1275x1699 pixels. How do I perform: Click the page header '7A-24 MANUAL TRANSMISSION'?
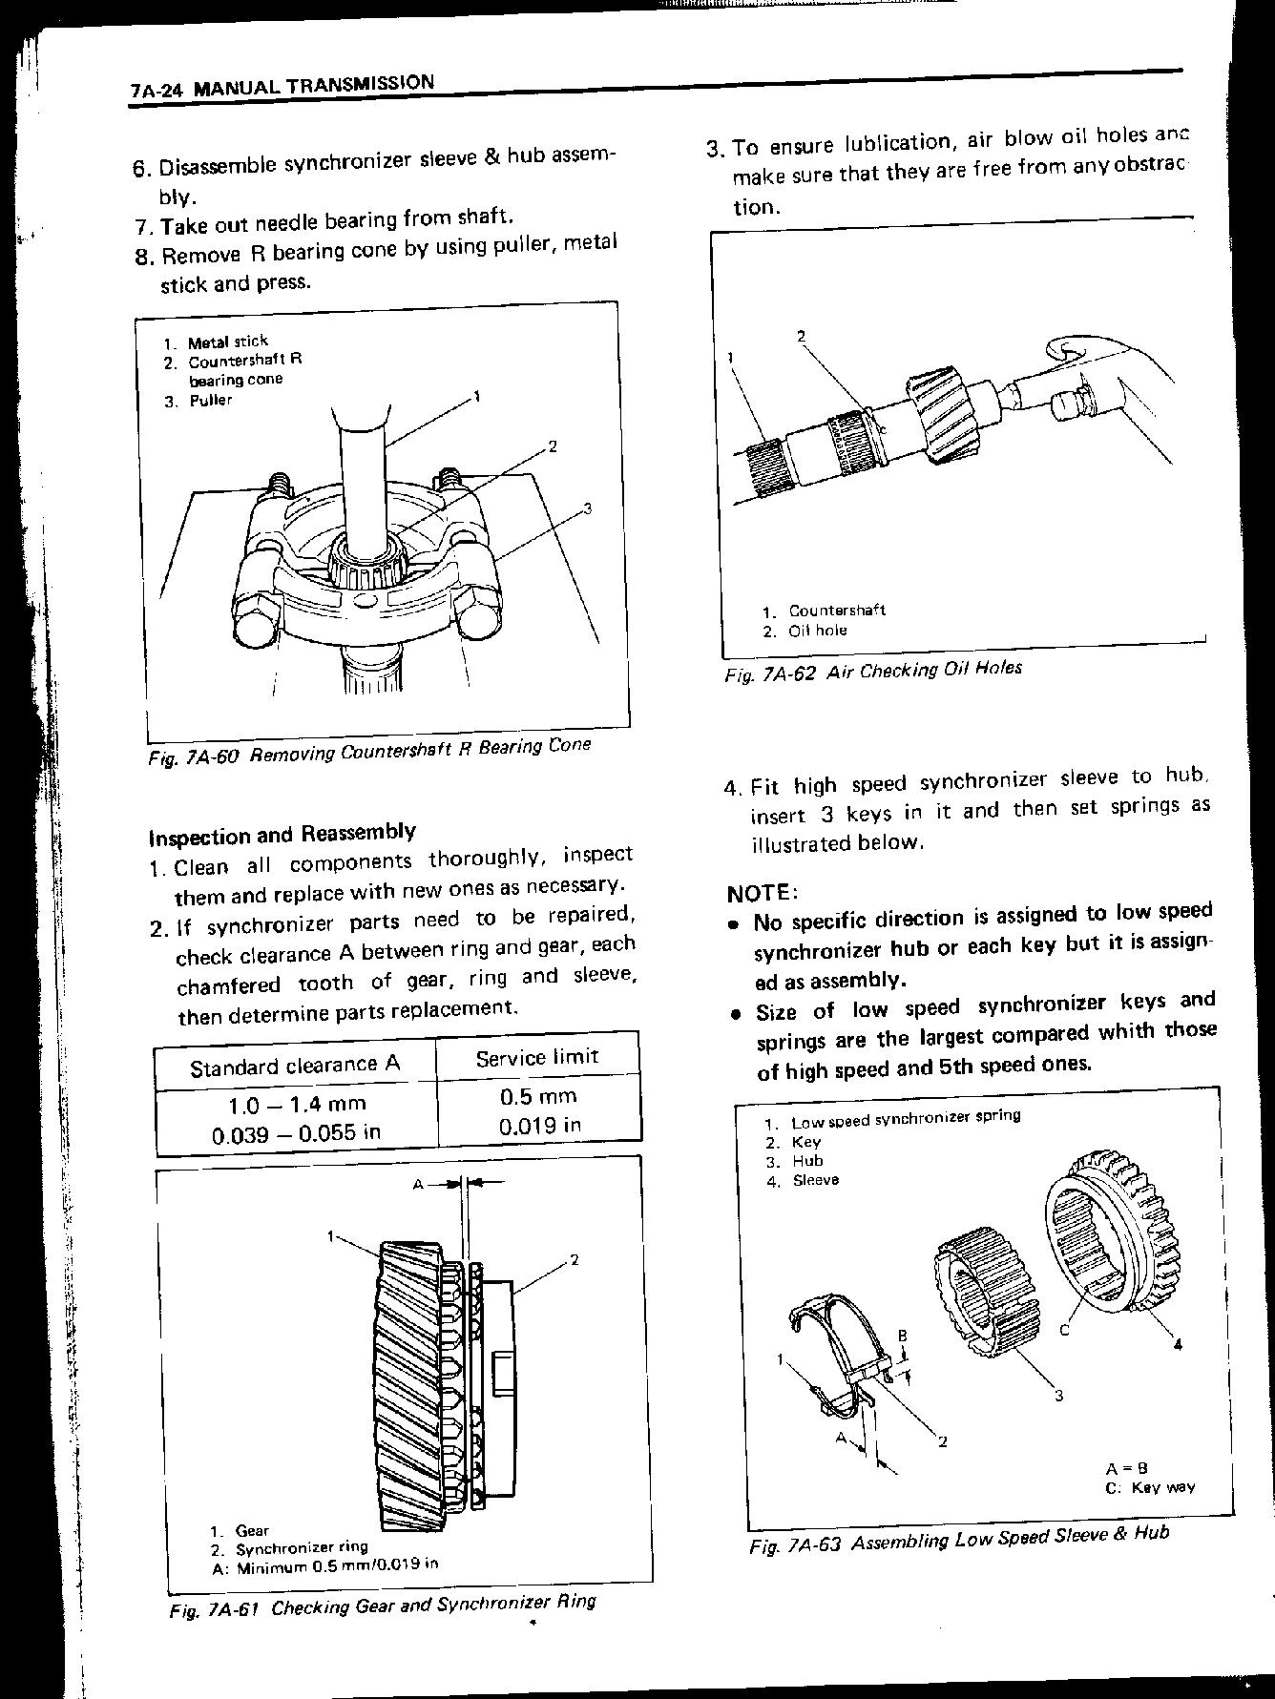[282, 86]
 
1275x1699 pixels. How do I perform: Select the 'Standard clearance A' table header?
[295, 1065]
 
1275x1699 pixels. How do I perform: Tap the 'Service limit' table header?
[536, 1057]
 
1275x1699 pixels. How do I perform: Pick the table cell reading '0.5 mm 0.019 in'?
[539, 1110]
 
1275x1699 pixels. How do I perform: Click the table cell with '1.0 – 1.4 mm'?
[296, 1104]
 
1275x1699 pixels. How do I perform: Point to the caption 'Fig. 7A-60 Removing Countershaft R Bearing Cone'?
[383, 751]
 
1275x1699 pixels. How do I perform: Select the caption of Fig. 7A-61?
[382, 1606]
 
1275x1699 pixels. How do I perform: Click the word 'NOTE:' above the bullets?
[761, 893]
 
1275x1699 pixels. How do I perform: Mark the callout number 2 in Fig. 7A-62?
[802, 336]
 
